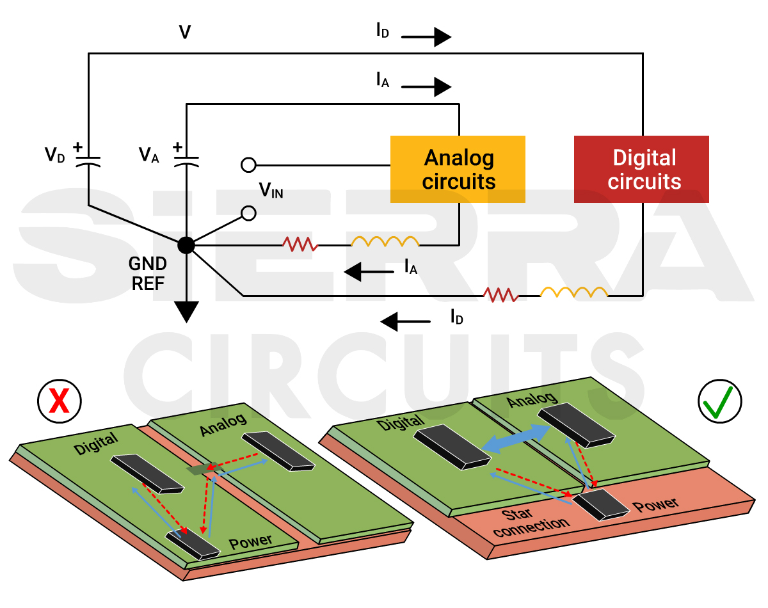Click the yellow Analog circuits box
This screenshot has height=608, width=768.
tap(458, 169)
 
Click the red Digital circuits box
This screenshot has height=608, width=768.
tap(641, 169)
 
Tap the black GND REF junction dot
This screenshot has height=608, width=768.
tap(186, 244)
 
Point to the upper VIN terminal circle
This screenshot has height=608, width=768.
tap(248, 165)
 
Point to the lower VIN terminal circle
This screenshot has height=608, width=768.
tap(248, 213)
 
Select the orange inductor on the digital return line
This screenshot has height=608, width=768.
tap(574, 293)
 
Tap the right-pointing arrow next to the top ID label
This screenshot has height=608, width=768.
tap(427, 37)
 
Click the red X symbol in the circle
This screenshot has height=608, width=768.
tap(59, 403)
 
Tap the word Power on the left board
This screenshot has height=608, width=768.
tap(251, 542)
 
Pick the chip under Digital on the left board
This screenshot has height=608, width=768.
tap(147, 474)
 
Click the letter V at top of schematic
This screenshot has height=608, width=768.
tap(184, 32)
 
